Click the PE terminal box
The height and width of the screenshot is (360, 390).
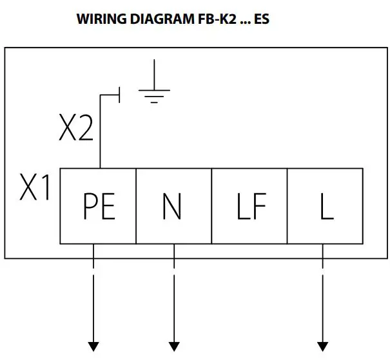coord(98,206)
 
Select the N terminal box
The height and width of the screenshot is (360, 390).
coord(173,206)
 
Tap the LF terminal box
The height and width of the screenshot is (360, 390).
coord(249,206)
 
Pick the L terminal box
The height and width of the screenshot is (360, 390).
coord(324,206)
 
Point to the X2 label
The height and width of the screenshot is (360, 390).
coord(76,129)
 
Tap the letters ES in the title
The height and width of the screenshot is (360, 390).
coord(261,19)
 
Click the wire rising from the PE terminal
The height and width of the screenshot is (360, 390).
coord(100,135)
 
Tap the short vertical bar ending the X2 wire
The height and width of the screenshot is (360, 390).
coord(120,96)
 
